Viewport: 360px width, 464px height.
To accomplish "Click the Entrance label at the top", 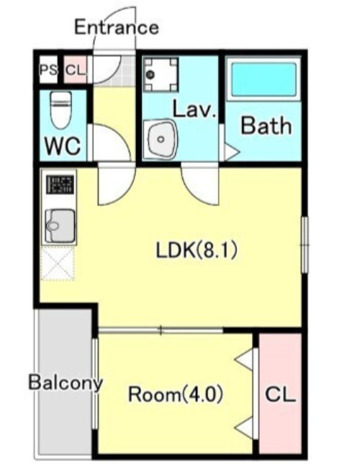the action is [x=116, y=27].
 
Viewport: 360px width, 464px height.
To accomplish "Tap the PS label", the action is [x=48, y=71].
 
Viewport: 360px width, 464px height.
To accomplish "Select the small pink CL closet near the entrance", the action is [x=75, y=70].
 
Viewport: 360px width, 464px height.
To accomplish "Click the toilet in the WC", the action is [x=61, y=110].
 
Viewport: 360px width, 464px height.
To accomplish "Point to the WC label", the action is [x=63, y=146].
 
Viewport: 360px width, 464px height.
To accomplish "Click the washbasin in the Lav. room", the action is [x=161, y=139].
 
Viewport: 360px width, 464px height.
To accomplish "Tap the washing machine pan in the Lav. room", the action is [x=161, y=74].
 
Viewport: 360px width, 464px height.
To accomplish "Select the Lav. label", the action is [x=194, y=110].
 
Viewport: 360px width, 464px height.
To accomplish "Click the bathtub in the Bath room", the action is [x=264, y=79].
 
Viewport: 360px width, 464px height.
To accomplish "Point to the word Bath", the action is [x=266, y=126].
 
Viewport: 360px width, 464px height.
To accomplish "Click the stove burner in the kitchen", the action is [x=60, y=185].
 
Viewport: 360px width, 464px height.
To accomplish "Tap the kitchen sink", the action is [x=60, y=226].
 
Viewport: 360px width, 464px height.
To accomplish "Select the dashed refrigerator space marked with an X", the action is [x=58, y=264].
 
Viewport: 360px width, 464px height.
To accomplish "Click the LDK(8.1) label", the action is [x=197, y=250].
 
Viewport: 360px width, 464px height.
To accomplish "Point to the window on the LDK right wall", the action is [x=305, y=245].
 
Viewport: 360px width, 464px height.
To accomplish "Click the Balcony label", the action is [x=66, y=382].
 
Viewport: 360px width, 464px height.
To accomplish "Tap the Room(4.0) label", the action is [x=176, y=394].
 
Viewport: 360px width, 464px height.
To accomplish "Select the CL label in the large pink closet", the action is [x=280, y=394].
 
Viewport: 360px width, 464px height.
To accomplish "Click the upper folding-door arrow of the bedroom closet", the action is [x=244, y=360].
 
